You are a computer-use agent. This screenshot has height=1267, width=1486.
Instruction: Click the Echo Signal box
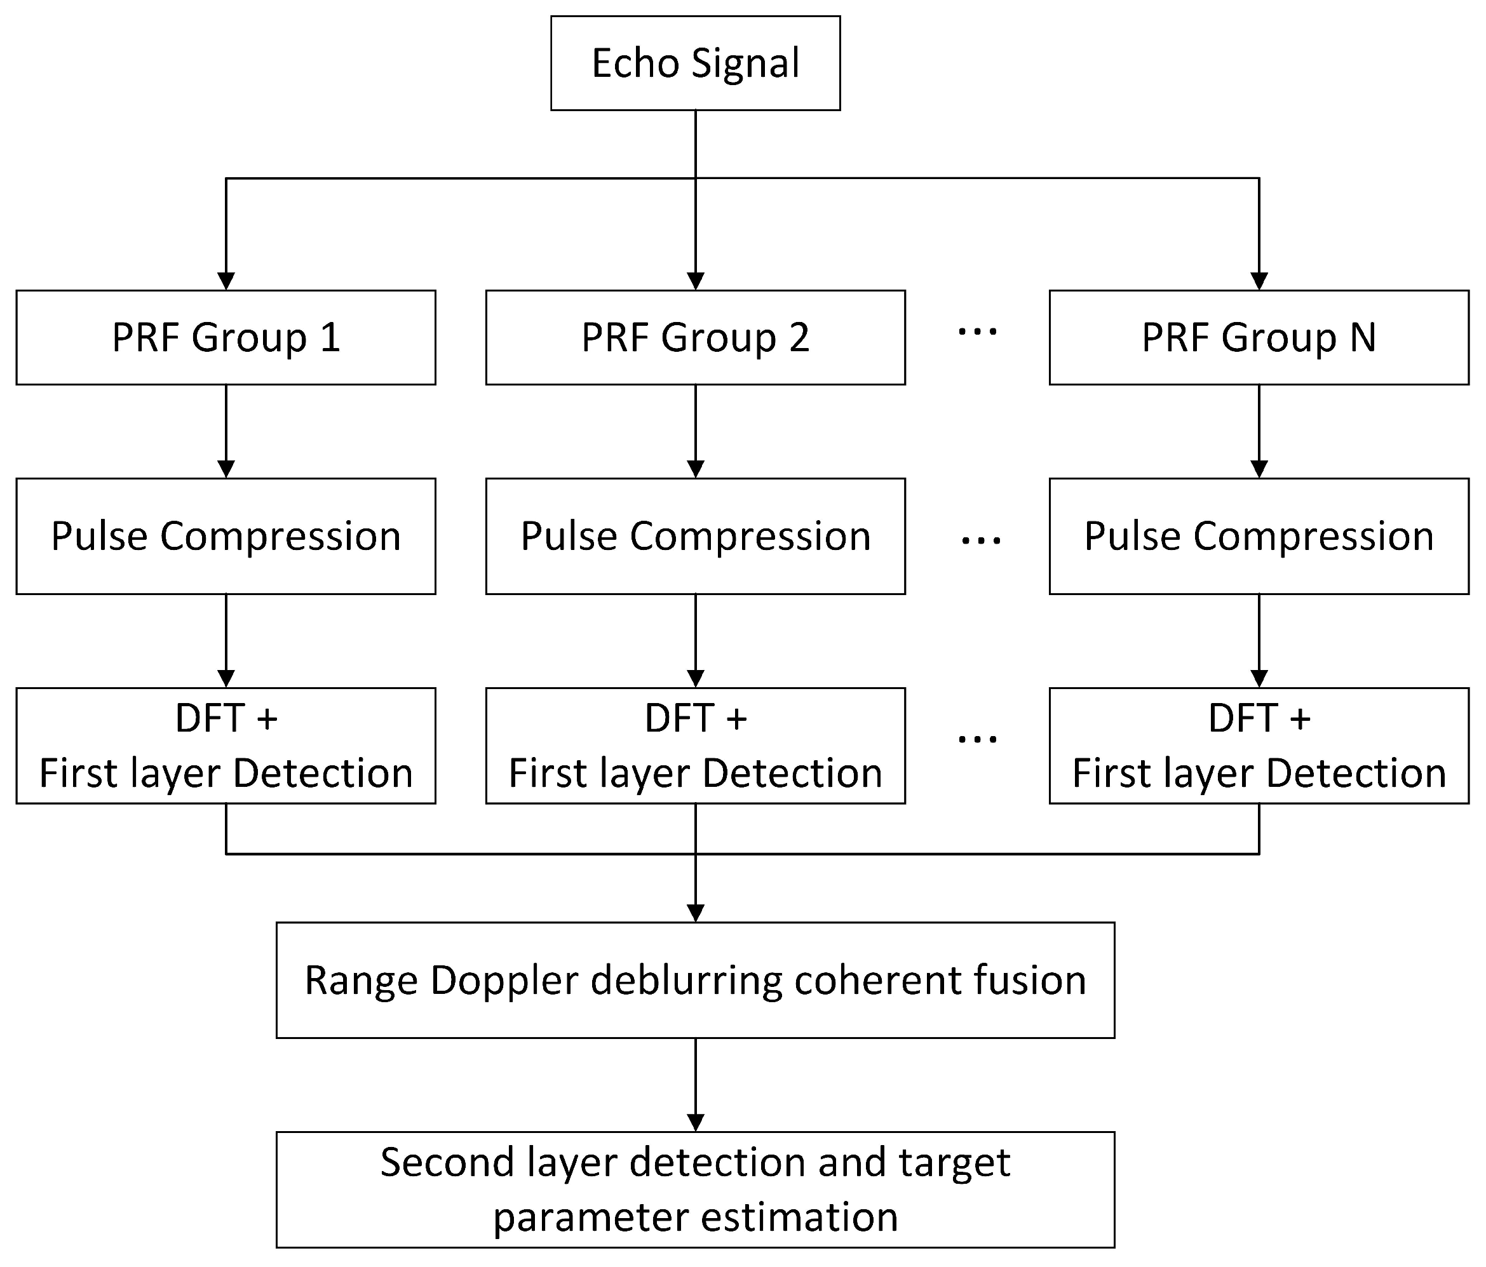[695, 63]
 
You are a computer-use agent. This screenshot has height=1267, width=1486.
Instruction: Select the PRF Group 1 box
[226, 337]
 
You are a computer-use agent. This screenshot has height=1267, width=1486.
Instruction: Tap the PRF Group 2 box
[695, 337]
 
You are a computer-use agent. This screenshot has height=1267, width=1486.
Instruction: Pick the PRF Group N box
[1259, 337]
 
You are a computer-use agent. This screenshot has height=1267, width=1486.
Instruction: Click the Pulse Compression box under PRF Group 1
[226, 537]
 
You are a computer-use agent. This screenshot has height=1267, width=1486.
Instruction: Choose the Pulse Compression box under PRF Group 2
[695, 537]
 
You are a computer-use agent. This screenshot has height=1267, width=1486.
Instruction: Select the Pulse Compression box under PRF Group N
[1259, 537]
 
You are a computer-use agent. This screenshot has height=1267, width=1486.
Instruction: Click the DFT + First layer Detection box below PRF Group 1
[226, 746]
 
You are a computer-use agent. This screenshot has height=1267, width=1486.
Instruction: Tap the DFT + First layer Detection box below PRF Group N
[1259, 746]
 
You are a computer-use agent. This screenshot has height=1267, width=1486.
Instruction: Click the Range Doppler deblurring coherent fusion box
[695, 980]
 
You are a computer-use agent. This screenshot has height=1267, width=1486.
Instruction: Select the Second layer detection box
[695, 1190]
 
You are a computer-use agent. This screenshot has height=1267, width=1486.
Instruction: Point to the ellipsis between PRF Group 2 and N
[978, 332]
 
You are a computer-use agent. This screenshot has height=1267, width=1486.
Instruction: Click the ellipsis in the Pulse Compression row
[980, 540]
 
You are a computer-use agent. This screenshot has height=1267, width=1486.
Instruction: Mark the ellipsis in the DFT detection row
[978, 739]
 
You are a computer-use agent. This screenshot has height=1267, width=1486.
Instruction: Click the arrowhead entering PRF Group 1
[226, 281]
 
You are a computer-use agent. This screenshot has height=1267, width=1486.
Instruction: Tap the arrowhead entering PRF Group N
[1259, 281]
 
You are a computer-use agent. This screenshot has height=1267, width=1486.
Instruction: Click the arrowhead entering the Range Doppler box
[695, 913]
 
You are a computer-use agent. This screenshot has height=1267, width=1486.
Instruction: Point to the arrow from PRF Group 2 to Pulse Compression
[695, 430]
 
